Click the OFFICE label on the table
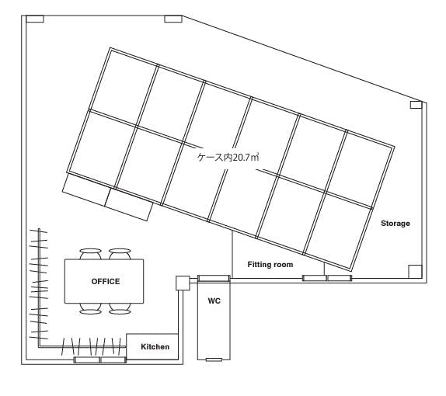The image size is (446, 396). (106, 281)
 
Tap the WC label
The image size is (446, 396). (214, 300)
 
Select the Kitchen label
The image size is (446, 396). (155, 347)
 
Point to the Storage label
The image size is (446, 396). (395, 223)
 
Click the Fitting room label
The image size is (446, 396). (270, 265)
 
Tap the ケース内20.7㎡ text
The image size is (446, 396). (228, 157)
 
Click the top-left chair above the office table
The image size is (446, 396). (90, 254)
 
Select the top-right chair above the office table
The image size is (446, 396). (120, 254)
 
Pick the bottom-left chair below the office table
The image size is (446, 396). (90, 309)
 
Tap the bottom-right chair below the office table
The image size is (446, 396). (120, 309)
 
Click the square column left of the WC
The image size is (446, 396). (183, 283)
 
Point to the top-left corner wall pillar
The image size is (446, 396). (35, 19)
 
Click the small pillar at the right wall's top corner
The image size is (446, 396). (416, 105)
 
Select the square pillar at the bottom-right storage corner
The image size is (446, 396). (415, 272)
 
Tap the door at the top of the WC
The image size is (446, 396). (214, 278)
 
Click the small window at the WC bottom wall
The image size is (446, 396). (214, 360)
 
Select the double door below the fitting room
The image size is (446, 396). (327, 278)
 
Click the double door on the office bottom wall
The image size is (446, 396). (99, 360)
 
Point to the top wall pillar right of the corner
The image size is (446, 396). (173, 19)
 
